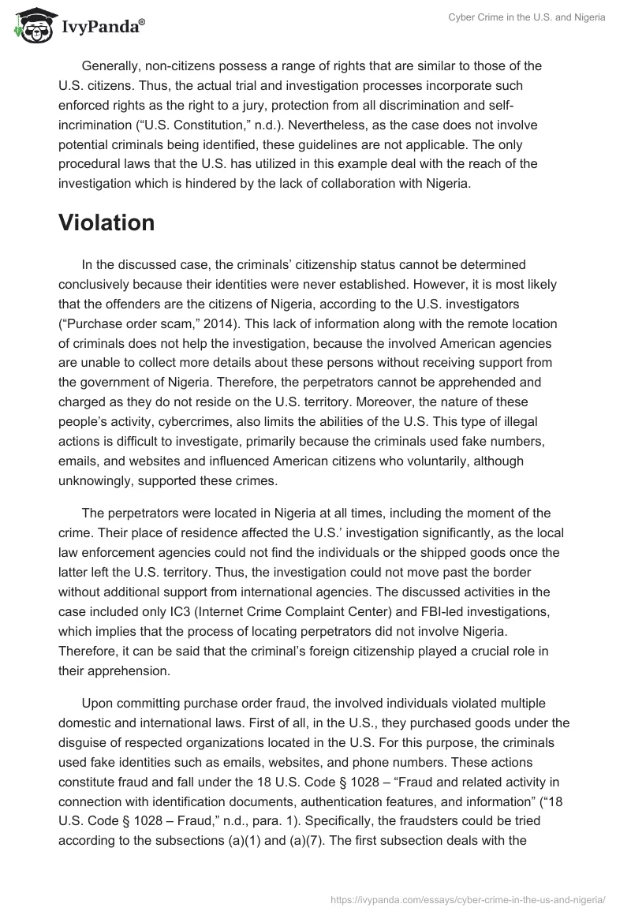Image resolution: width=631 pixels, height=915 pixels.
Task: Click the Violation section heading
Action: click(x=106, y=223)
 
